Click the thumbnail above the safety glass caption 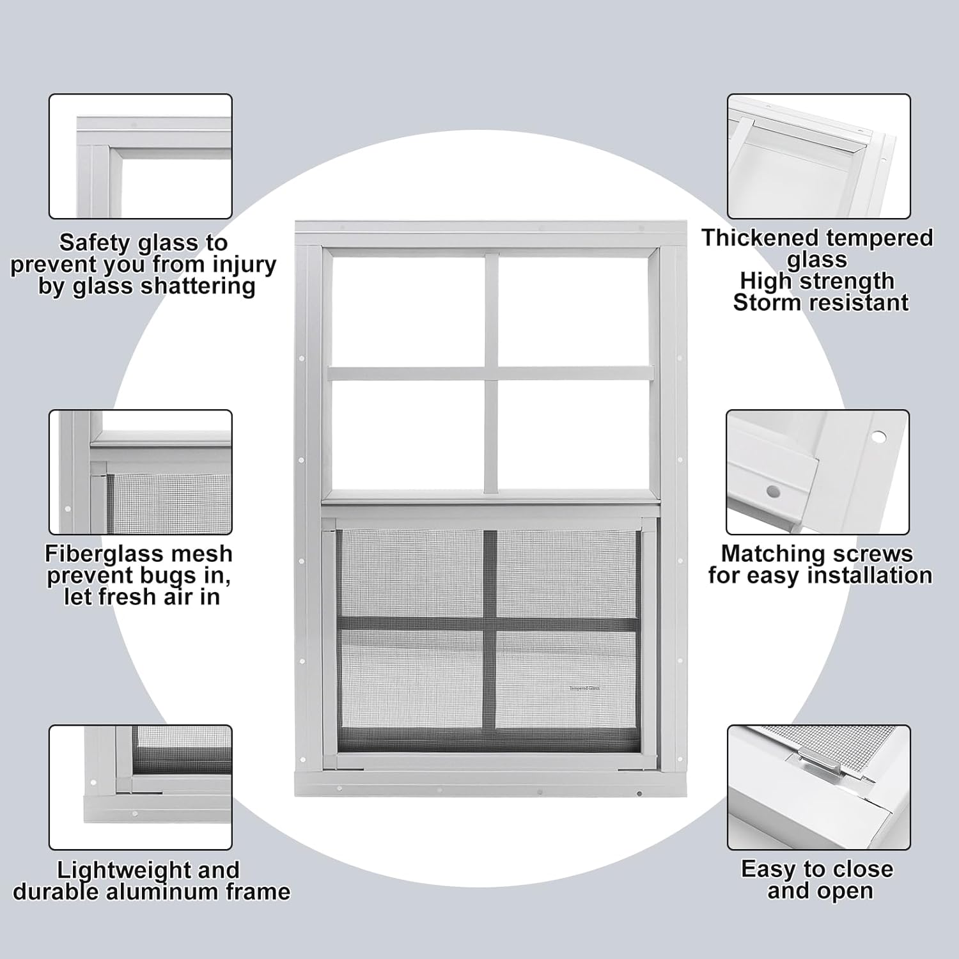click(x=141, y=157)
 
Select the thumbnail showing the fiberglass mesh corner click(x=141, y=472)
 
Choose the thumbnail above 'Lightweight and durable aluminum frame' click(x=141, y=787)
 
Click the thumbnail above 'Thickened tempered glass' click(x=818, y=157)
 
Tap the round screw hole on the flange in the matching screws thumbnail click(x=879, y=437)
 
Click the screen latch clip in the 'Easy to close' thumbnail click(x=809, y=761)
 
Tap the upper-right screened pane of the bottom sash click(x=565, y=573)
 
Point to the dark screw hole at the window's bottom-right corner click(x=639, y=794)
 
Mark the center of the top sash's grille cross click(x=491, y=373)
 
